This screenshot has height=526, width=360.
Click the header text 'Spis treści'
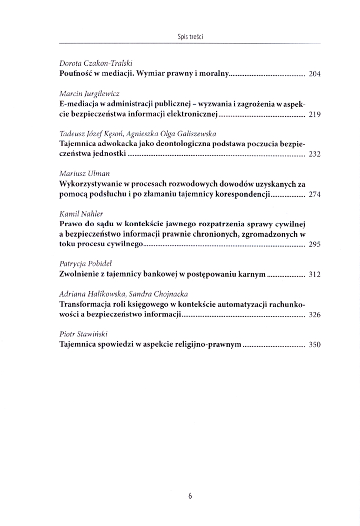click(x=190, y=37)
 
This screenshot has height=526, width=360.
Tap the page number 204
click(x=314, y=74)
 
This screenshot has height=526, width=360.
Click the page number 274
click(x=314, y=194)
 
